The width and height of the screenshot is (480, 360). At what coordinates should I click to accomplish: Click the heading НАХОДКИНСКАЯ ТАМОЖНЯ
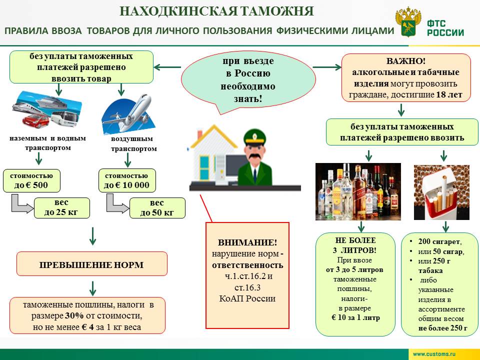217,11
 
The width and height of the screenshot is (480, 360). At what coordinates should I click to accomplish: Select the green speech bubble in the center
248,80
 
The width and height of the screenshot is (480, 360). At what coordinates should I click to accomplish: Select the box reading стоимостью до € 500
31,181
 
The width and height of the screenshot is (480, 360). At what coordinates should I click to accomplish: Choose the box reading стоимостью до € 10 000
127,181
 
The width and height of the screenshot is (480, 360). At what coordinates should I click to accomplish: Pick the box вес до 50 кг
157,208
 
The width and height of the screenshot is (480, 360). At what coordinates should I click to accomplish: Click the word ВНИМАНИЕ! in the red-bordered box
247,243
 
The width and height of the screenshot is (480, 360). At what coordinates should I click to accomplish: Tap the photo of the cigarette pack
441,191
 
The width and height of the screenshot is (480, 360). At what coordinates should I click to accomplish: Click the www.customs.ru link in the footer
434,354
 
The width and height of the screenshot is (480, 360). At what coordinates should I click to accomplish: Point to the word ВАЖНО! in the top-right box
405,61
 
